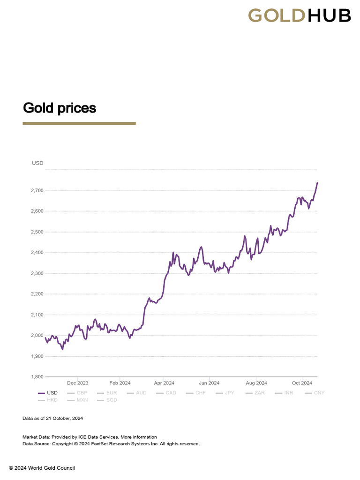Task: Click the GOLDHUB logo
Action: (299, 15)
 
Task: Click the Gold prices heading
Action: (60, 108)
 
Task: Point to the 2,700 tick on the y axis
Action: (37, 191)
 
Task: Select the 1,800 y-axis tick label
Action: (37, 377)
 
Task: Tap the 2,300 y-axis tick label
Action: (37, 273)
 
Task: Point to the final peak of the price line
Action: (317, 183)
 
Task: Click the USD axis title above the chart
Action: (37, 163)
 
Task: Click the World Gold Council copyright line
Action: (42, 468)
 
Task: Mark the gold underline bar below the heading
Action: (79, 123)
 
